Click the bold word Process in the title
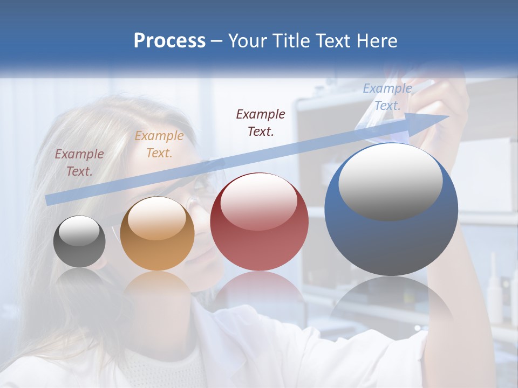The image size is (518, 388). [169, 41]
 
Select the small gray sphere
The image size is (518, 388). [79, 241]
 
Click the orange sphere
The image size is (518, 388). [157, 233]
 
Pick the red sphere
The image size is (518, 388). [259, 221]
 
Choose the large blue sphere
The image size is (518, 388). [391, 210]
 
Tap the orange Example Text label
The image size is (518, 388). [159, 144]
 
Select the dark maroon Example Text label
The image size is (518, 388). [261, 122]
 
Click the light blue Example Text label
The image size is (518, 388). [387, 97]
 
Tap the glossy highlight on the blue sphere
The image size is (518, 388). [390, 182]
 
